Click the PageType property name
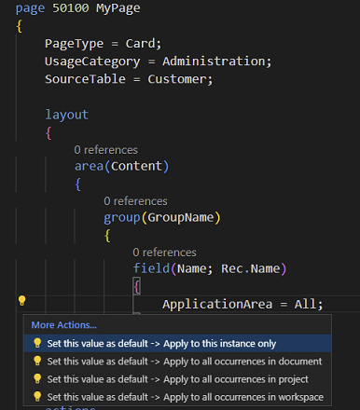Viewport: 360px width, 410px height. tap(77, 44)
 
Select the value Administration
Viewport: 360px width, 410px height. tap(216, 61)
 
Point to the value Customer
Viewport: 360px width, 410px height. tap(182, 79)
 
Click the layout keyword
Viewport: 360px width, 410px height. tap(66, 115)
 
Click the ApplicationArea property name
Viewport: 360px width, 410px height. tap(224, 304)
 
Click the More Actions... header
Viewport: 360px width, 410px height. tap(63, 325)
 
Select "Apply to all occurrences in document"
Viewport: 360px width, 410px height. tap(184, 361)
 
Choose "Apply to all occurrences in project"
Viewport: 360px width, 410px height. tap(177, 379)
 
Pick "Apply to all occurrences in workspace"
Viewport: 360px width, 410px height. tap(185, 397)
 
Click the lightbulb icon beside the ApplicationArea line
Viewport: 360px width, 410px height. tap(22, 301)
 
